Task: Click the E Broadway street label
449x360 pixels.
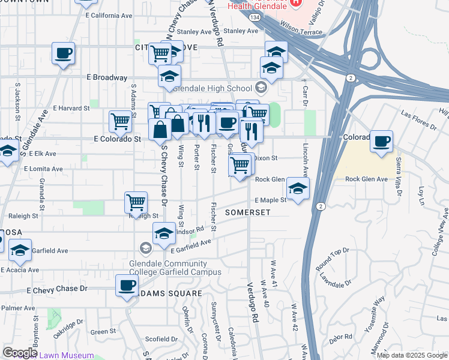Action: coord(107,78)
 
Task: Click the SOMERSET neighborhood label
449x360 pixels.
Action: coord(248,213)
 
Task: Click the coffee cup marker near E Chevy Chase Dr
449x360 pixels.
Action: coord(127,287)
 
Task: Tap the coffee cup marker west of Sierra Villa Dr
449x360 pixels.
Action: coord(381,142)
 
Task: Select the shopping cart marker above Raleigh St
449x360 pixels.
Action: coord(136,203)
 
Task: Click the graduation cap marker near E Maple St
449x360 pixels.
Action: coord(297,190)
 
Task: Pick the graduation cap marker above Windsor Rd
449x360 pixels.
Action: coord(164,235)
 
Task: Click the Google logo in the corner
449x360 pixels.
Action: coord(20,353)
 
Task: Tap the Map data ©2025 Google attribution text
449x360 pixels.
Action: coord(411,355)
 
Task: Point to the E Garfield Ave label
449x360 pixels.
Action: coord(191,247)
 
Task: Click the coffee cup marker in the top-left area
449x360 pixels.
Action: coord(63,54)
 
